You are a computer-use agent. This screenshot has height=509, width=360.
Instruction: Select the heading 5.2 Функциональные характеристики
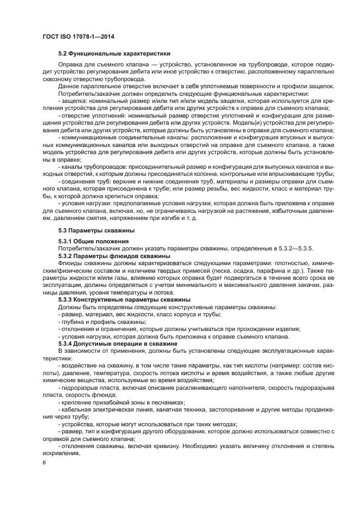pos(114,54)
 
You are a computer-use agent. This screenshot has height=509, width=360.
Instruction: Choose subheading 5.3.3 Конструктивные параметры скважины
pos(124,300)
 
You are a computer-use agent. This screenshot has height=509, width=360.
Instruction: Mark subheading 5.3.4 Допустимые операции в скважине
pos(118,344)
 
